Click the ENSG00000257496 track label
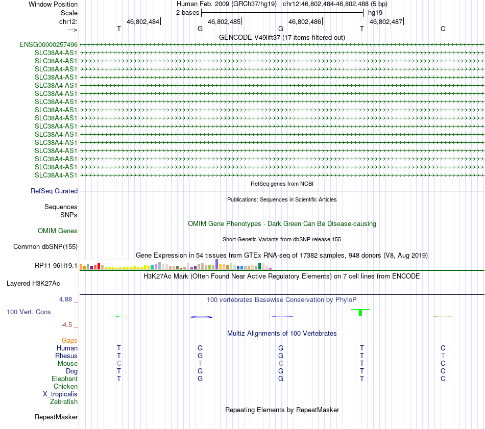point(48,45)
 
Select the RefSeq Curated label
point(54,191)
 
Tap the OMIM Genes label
point(58,231)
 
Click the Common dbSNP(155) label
point(45,247)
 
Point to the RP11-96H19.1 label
point(56,266)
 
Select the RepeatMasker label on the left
point(56,417)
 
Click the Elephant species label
point(64,379)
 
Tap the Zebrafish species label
point(64,402)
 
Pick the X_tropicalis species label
point(60,394)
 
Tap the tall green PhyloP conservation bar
point(360,312)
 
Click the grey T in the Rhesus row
point(443,356)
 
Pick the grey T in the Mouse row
point(200,363)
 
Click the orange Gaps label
point(69,340)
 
